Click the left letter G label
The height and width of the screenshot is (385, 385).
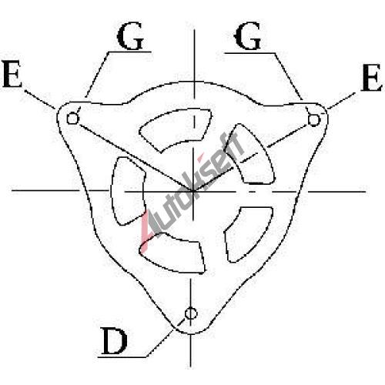(130, 35)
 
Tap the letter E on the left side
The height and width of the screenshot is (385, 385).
(12, 74)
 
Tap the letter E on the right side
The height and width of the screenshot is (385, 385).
(371, 78)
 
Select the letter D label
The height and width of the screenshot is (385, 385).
(114, 341)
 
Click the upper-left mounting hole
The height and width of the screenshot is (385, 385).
(72, 119)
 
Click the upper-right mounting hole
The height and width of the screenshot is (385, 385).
(314, 120)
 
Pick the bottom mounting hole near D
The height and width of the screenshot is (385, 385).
(191, 313)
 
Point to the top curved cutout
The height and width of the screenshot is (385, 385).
(177, 129)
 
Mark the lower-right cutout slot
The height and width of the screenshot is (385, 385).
(248, 233)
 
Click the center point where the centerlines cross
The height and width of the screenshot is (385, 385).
(192, 191)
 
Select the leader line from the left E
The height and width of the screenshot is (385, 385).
(40, 99)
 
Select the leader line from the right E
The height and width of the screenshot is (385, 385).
(341, 101)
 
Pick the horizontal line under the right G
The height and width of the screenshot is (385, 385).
(249, 53)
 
